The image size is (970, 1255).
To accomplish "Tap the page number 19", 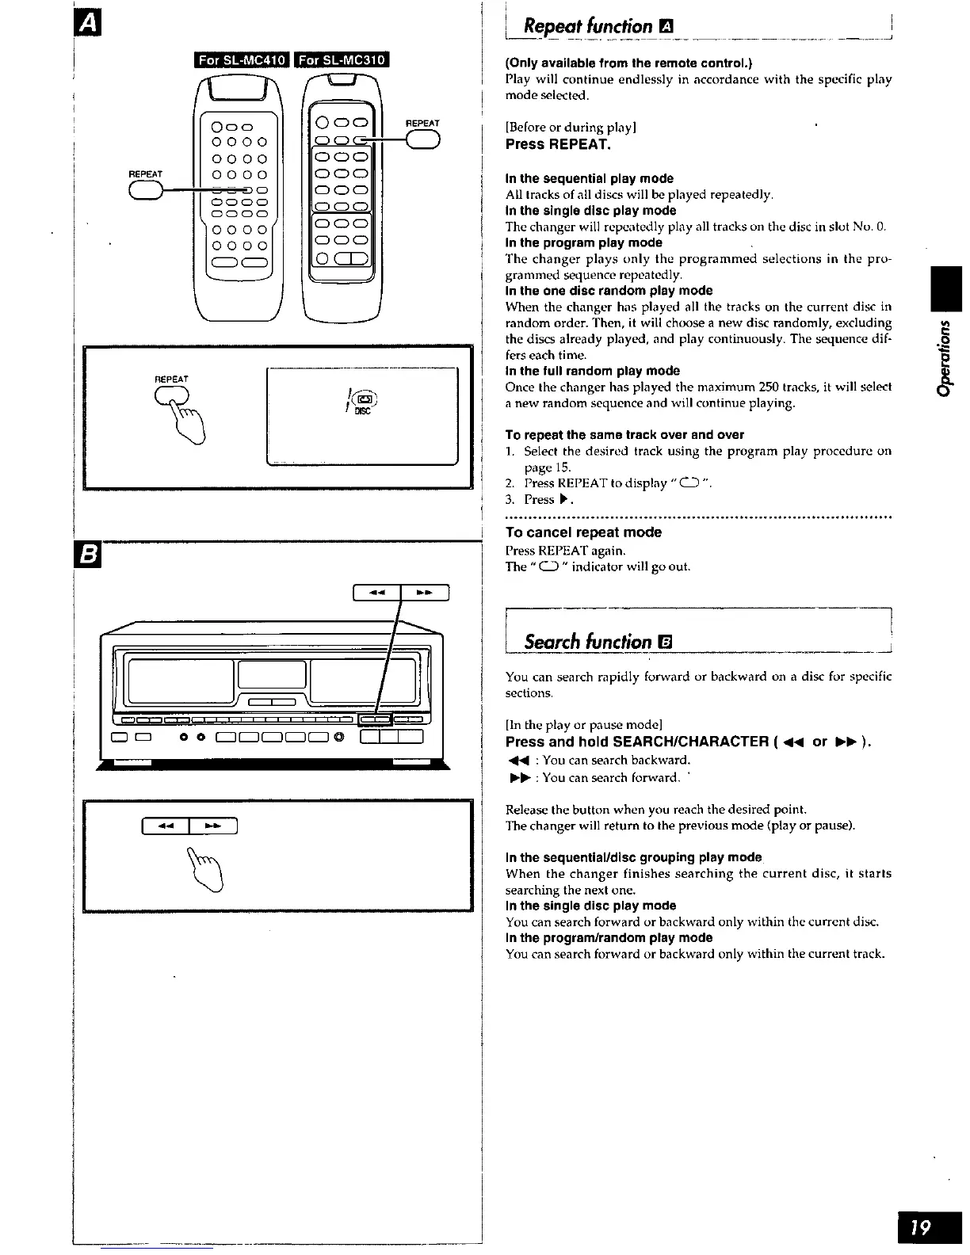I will tap(920, 1227).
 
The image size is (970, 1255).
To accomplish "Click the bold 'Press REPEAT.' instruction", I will tap(558, 144).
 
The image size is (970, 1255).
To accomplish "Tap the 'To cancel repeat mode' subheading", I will tap(583, 532).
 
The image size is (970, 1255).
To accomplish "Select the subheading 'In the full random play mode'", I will tap(592, 371).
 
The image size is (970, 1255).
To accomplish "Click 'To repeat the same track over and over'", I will tap(624, 434).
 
